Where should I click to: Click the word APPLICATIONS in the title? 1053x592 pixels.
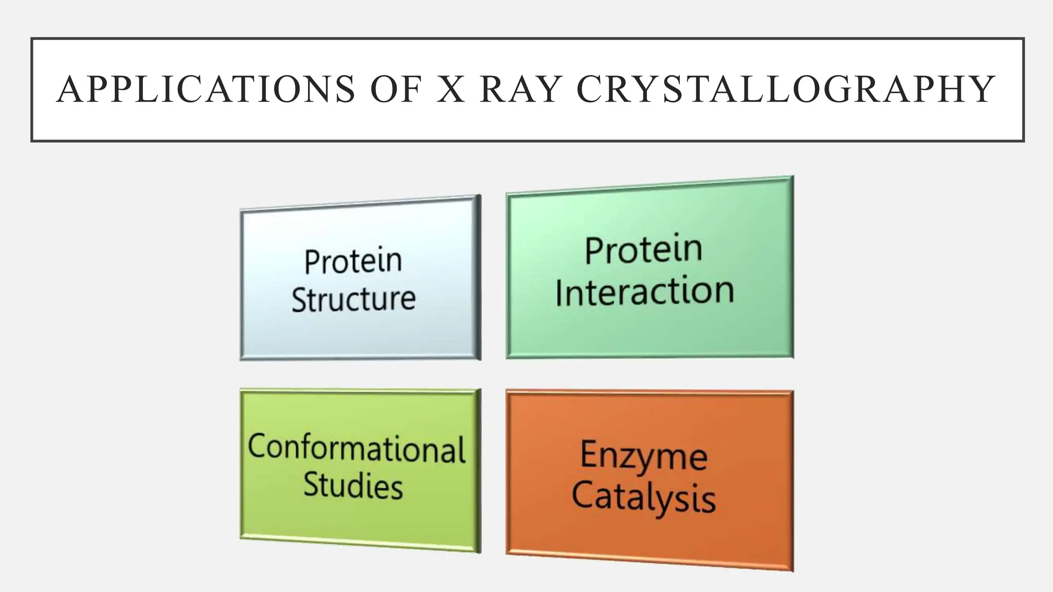206,90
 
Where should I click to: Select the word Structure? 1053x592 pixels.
354,299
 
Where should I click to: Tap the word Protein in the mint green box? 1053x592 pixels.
643,250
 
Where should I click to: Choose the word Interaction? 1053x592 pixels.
645,291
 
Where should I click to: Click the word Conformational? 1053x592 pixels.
356,449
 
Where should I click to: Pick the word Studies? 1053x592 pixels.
353,485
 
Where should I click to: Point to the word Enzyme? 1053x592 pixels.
644,455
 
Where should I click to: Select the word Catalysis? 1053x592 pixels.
644,497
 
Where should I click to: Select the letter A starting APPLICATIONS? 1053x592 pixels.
69,90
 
